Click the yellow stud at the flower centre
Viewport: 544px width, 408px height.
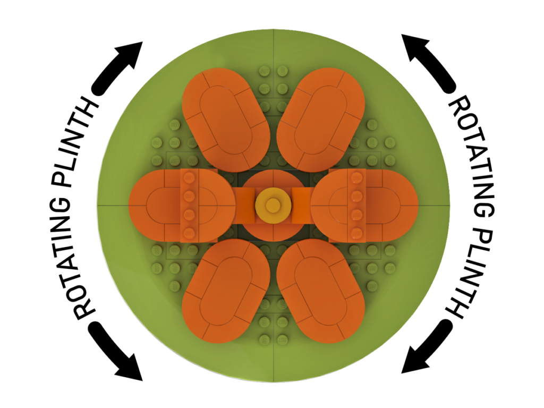point(273,206)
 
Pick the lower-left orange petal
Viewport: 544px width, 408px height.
point(226,291)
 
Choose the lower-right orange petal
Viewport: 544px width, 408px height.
point(320,291)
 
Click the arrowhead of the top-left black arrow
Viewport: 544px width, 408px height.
point(130,54)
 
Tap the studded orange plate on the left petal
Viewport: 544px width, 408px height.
point(190,206)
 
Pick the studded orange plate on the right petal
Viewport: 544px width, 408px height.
point(356,206)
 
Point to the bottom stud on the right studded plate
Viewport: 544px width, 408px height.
point(356,233)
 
